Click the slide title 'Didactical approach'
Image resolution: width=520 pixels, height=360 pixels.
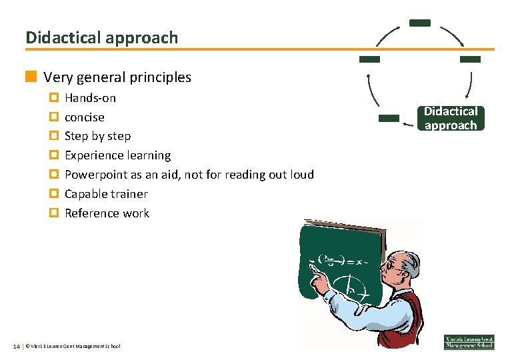tap(102, 37)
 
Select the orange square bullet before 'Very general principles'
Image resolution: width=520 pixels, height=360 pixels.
tap(31, 77)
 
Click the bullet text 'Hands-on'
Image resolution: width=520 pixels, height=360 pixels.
tap(90, 98)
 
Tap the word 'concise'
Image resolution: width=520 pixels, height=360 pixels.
tap(85, 117)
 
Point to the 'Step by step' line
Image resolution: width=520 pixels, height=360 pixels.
tap(97, 136)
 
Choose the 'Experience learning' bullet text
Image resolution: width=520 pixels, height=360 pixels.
tap(117, 155)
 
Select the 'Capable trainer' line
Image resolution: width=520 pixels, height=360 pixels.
tap(106, 194)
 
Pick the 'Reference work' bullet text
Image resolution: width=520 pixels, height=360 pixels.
tap(107, 213)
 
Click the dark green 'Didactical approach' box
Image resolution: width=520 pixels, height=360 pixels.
tap(451, 118)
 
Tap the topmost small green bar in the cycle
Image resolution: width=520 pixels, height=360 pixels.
tap(419, 23)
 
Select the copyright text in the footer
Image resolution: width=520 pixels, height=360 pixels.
tap(73, 346)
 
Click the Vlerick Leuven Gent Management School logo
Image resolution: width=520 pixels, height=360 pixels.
tap(469, 341)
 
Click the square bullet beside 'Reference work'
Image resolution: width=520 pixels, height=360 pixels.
tap(54, 213)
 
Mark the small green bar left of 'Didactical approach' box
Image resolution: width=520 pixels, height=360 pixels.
tap(389, 118)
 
